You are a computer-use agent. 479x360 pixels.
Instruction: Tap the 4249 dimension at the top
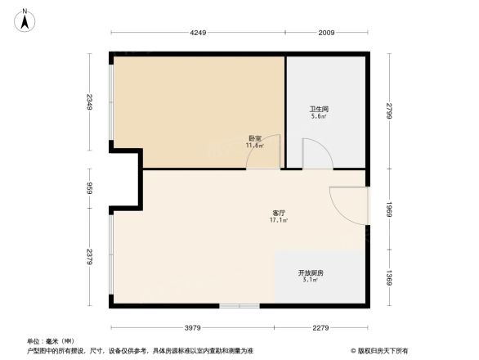[x=199, y=34]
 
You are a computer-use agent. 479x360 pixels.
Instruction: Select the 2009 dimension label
[x=327, y=34]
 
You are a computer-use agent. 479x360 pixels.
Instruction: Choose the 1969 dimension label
[x=390, y=210]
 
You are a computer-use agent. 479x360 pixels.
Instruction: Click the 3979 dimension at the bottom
[x=192, y=328]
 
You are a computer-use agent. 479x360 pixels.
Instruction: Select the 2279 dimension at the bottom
[x=320, y=328]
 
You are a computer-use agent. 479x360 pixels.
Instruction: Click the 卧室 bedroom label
[x=255, y=137]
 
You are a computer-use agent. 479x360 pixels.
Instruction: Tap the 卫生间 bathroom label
[x=318, y=109]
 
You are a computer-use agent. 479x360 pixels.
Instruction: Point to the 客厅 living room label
[x=277, y=213]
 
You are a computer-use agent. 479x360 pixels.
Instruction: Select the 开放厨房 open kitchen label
[x=311, y=272]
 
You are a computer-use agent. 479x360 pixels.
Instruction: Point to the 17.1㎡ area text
[x=277, y=220]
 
